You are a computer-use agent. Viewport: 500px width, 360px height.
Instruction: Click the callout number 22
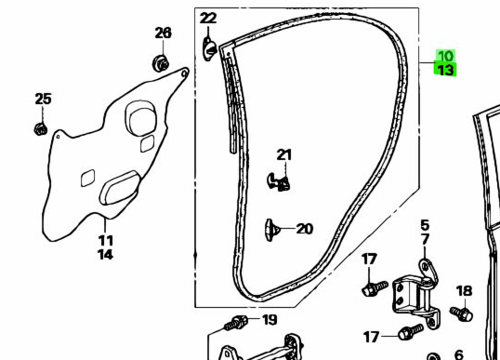coord(208,18)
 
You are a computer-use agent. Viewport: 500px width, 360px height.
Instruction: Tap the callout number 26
coord(163,33)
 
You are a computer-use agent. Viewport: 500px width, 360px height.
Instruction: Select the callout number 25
coord(43,99)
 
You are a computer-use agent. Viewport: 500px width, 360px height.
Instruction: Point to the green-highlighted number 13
coord(445,70)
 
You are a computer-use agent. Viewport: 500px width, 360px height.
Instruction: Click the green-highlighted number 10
coord(446,56)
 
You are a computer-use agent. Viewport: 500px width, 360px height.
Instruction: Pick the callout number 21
coord(284,155)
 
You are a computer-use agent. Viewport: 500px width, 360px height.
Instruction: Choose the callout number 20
coord(305,229)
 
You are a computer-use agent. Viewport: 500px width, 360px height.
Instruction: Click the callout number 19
coord(270,320)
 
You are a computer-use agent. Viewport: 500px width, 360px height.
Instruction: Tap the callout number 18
coord(464,291)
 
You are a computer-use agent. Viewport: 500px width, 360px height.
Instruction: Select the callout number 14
coord(105,255)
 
